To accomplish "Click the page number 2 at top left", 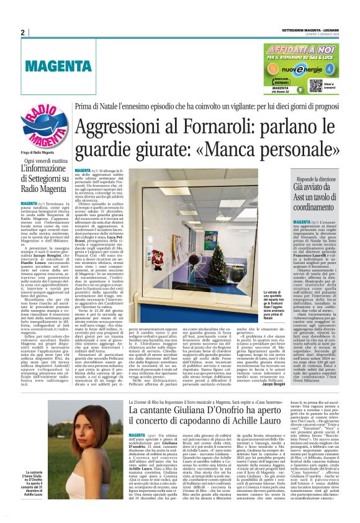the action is coord(22,32).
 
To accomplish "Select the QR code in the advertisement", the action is coord(315,84).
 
